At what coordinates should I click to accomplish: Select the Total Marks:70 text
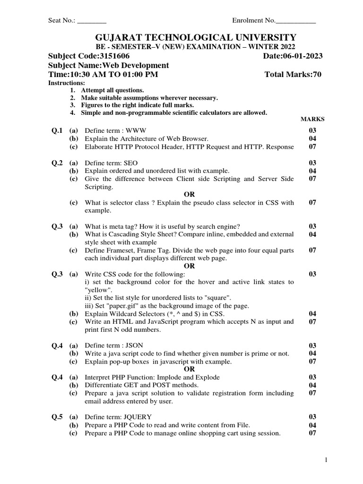click(x=293, y=75)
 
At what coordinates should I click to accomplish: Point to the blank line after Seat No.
click(x=92, y=21)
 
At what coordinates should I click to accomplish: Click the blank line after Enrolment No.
click(x=296, y=21)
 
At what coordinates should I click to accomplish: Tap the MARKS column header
click(x=312, y=120)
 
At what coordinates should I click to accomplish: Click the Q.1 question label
click(x=57, y=130)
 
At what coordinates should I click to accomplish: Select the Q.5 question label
click(x=57, y=417)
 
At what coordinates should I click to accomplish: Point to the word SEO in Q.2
click(x=131, y=163)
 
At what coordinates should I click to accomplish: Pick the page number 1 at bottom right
click(x=326, y=460)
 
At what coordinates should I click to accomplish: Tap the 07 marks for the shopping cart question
click(x=312, y=433)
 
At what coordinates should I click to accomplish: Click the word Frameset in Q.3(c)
click(x=117, y=250)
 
